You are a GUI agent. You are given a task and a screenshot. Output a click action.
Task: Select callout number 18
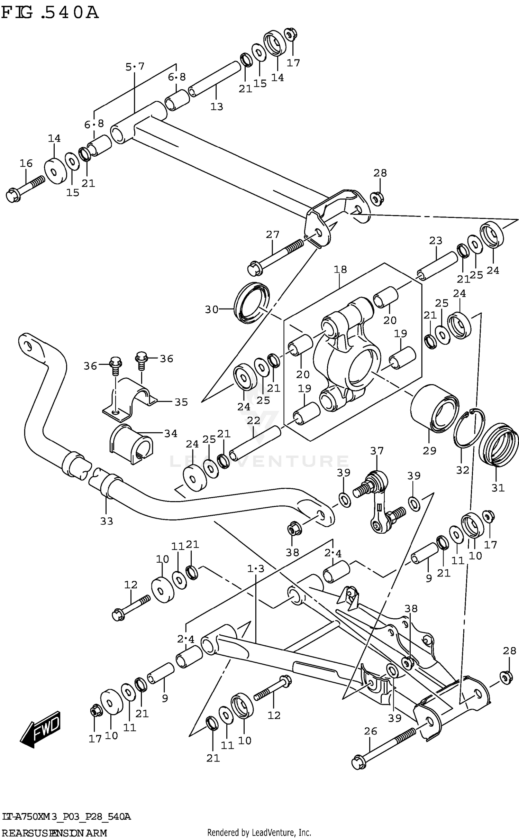pyautogui.click(x=340, y=269)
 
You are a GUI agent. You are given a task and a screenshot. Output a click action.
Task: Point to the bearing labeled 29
pyautogui.click(x=434, y=408)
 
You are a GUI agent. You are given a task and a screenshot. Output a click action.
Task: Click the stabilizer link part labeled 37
pyautogui.click(x=379, y=505)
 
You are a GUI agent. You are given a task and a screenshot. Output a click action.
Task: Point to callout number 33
pyautogui.click(x=107, y=521)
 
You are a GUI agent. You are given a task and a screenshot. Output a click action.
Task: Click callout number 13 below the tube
pyautogui.click(x=217, y=107)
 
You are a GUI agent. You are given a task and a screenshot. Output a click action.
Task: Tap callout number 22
pyautogui.click(x=253, y=421)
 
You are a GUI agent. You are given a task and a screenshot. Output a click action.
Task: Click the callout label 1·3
pyautogui.click(x=256, y=569)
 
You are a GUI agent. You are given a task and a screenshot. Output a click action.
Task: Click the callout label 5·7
pyautogui.click(x=135, y=66)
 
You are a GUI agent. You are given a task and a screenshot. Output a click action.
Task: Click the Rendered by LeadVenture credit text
pyautogui.click(x=259, y=833)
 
